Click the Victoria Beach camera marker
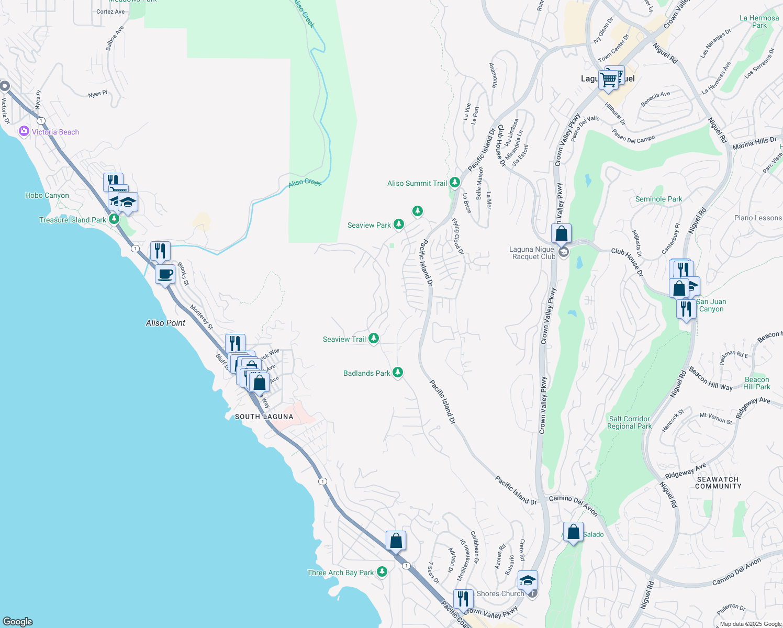tap(24, 131)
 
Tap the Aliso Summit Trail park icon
tap(454, 183)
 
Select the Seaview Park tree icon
tap(399, 225)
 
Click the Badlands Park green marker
tap(398, 372)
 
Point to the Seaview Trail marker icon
tap(374, 339)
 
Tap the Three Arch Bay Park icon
tap(382, 571)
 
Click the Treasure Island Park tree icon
tap(114, 219)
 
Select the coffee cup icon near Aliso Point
tap(165, 274)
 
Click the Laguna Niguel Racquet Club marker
tap(564, 253)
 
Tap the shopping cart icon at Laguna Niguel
tap(609, 80)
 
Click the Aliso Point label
tap(165, 323)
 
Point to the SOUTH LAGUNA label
tap(264, 417)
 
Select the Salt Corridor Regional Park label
tap(630, 422)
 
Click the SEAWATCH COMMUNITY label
tap(718, 483)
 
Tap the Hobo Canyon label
tap(47, 195)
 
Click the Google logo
tap(18, 621)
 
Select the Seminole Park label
tap(658, 199)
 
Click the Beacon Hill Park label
tap(757, 383)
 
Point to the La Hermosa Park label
tap(759, 21)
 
